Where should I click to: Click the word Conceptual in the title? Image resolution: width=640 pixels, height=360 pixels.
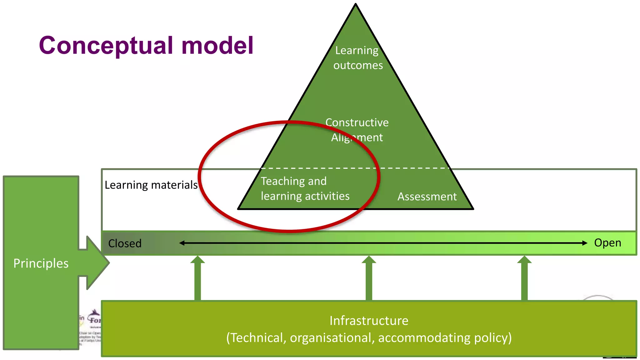(106, 46)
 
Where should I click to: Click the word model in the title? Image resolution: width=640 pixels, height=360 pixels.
(217, 45)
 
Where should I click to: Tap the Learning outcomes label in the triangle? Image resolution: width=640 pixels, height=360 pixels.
(357, 58)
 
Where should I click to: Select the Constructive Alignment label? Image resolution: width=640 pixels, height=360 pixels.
(357, 130)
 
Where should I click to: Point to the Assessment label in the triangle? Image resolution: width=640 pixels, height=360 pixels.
(427, 197)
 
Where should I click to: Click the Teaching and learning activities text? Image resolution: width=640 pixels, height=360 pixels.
(305, 188)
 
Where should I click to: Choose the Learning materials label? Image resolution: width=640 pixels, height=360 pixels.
(151, 185)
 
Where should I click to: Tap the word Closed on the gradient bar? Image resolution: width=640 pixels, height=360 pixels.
(125, 243)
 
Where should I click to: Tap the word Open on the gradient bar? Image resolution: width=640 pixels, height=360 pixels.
(607, 242)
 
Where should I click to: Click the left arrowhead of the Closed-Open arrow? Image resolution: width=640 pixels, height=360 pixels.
(182, 243)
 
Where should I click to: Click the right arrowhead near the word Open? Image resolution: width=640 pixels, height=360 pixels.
(585, 243)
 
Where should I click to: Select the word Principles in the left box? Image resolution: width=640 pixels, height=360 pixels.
(41, 263)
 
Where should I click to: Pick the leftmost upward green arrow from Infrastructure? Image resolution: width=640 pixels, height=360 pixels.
(197, 278)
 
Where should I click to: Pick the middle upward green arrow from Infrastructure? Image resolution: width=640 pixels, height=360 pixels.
(369, 278)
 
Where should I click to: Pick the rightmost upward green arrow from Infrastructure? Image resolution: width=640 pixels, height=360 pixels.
(524, 278)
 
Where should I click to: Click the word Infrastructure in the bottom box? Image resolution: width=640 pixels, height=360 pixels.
(369, 321)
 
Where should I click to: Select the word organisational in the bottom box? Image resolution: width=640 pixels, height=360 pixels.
(332, 338)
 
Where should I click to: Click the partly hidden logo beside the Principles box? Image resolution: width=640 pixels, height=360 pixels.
(93, 317)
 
